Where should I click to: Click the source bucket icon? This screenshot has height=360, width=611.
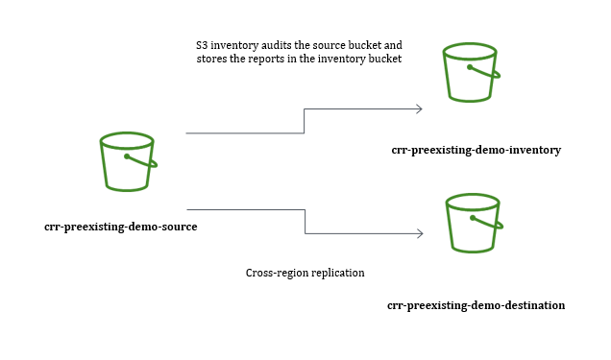pyautogui.click(x=128, y=161)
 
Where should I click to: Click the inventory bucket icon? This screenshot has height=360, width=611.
pyautogui.click(x=471, y=72)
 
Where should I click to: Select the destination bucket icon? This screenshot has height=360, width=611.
pyautogui.click(x=474, y=223)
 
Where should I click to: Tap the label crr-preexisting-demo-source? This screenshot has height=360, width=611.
pyautogui.click(x=121, y=227)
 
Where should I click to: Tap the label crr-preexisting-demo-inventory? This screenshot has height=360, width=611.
pyautogui.click(x=477, y=150)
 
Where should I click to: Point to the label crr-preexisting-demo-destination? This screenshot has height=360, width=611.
pyautogui.click(x=477, y=305)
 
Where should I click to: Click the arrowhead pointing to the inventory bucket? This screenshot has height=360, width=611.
pyautogui.click(x=420, y=109)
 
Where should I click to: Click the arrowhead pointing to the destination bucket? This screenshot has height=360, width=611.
pyautogui.click(x=420, y=233)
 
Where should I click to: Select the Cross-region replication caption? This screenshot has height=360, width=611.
pyautogui.click(x=305, y=273)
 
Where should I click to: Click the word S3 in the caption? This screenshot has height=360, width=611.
pyautogui.click(x=202, y=45)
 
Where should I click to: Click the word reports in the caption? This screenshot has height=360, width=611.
pyautogui.click(x=266, y=60)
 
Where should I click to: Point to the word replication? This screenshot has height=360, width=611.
pyautogui.click(x=338, y=273)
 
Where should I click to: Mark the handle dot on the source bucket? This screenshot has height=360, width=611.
pyautogui.click(x=127, y=156)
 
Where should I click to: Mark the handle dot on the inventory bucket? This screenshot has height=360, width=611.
pyautogui.click(x=470, y=67)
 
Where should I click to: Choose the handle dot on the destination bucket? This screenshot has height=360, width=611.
pyautogui.click(x=473, y=218)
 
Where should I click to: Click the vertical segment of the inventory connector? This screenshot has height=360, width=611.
pyautogui.click(x=304, y=121)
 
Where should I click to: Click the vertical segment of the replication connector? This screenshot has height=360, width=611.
pyautogui.click(x=305, y=222)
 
